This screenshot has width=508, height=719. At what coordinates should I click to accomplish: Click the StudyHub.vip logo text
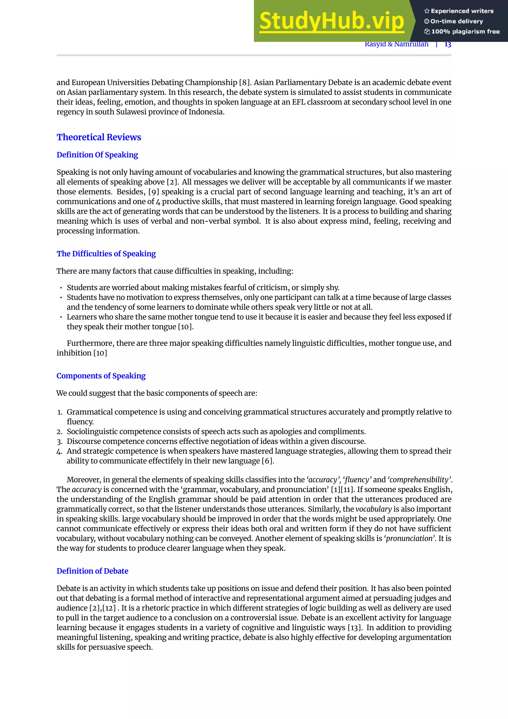[332, 21]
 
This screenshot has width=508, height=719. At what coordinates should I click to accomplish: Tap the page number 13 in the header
[448, 44]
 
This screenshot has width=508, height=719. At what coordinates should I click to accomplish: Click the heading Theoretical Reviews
[99, 137]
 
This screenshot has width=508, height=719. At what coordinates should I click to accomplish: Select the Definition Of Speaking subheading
[97, 155]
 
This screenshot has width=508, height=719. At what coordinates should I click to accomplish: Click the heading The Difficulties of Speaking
[106, 254]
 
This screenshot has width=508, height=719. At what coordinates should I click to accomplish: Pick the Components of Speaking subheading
[101, 376]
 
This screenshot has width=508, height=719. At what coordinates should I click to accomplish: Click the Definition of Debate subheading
[92, 571]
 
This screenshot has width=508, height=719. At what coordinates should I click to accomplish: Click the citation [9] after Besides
[154, 192]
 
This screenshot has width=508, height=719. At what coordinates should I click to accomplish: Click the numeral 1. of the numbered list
[60, 412]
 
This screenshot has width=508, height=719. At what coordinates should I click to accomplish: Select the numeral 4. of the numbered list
[60, 451]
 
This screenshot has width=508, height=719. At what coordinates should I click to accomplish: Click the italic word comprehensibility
[419, 480]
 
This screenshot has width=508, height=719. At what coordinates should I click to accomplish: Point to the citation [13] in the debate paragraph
[354, 628]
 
